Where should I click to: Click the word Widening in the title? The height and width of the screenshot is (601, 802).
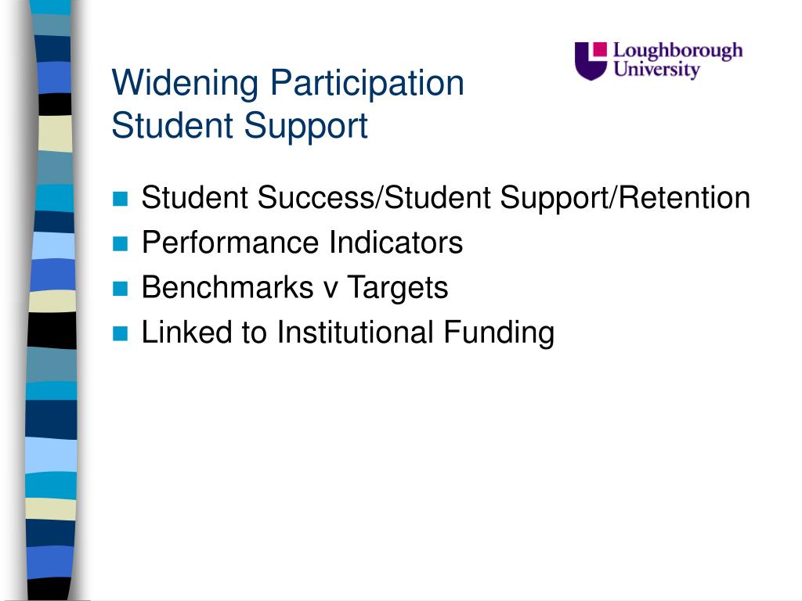(x=185, y=83)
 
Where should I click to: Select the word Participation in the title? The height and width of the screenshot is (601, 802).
(x=367, y=83)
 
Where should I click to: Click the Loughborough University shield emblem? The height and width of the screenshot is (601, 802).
(x=591, y=61)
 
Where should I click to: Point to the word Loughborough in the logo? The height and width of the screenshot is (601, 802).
(x=677, y=52)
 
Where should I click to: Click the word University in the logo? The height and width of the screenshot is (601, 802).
(x=657, y=70)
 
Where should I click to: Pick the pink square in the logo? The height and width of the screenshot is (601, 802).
(x=599, y=49)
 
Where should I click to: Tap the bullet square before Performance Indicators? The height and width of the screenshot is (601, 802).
(x=120, y=243)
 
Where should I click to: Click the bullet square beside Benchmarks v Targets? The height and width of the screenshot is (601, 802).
(x=120, y=289)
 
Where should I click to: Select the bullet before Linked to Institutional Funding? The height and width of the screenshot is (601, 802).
(x=120, y=333)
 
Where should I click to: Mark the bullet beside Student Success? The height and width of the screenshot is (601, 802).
(x=120, y=198)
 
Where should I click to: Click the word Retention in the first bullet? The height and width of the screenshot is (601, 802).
(x=685, y=198)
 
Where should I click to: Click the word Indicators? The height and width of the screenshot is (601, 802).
(x=396, y=243)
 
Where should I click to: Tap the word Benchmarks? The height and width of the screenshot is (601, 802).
(x=228, y=288)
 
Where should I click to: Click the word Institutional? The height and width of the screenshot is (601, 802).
(x=355, y=333)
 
